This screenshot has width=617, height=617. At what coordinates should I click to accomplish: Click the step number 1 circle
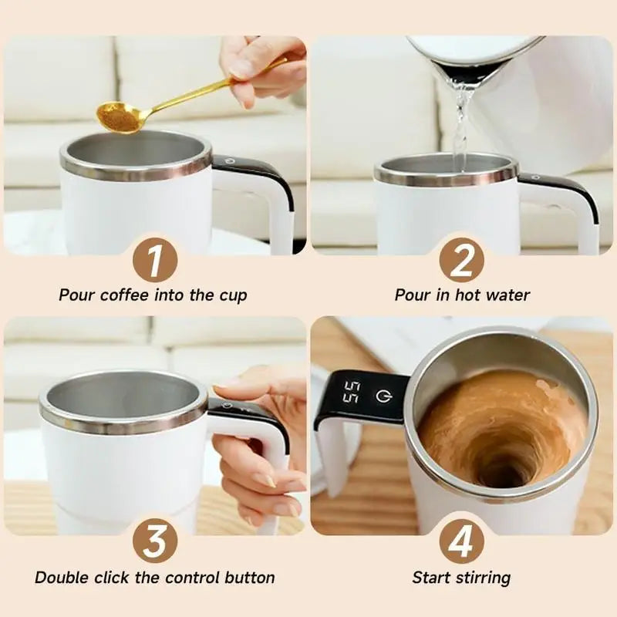154,260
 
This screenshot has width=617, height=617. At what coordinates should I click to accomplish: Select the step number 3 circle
154,541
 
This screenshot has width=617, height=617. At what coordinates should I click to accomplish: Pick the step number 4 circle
461,541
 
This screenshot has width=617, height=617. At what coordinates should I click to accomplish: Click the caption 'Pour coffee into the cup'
153,295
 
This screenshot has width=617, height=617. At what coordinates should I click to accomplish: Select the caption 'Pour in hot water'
462,295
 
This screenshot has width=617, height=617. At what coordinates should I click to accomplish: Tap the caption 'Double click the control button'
154,578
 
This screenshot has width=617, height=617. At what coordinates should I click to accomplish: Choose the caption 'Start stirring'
461,578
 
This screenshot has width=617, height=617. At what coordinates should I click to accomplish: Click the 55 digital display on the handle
351,393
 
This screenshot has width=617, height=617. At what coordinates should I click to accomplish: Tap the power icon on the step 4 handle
383,396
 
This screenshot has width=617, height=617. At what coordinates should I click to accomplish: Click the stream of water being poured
461,123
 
